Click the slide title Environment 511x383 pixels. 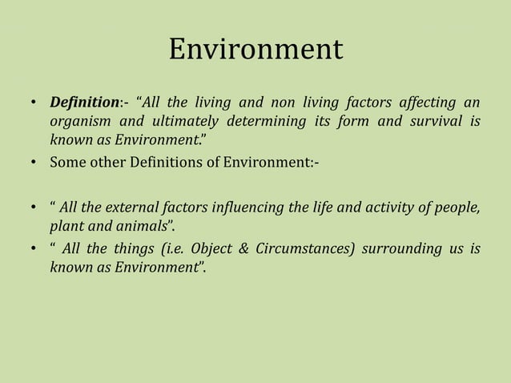[255, 50]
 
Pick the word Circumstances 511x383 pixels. [300, 250]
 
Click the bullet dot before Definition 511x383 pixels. [34, 104]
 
